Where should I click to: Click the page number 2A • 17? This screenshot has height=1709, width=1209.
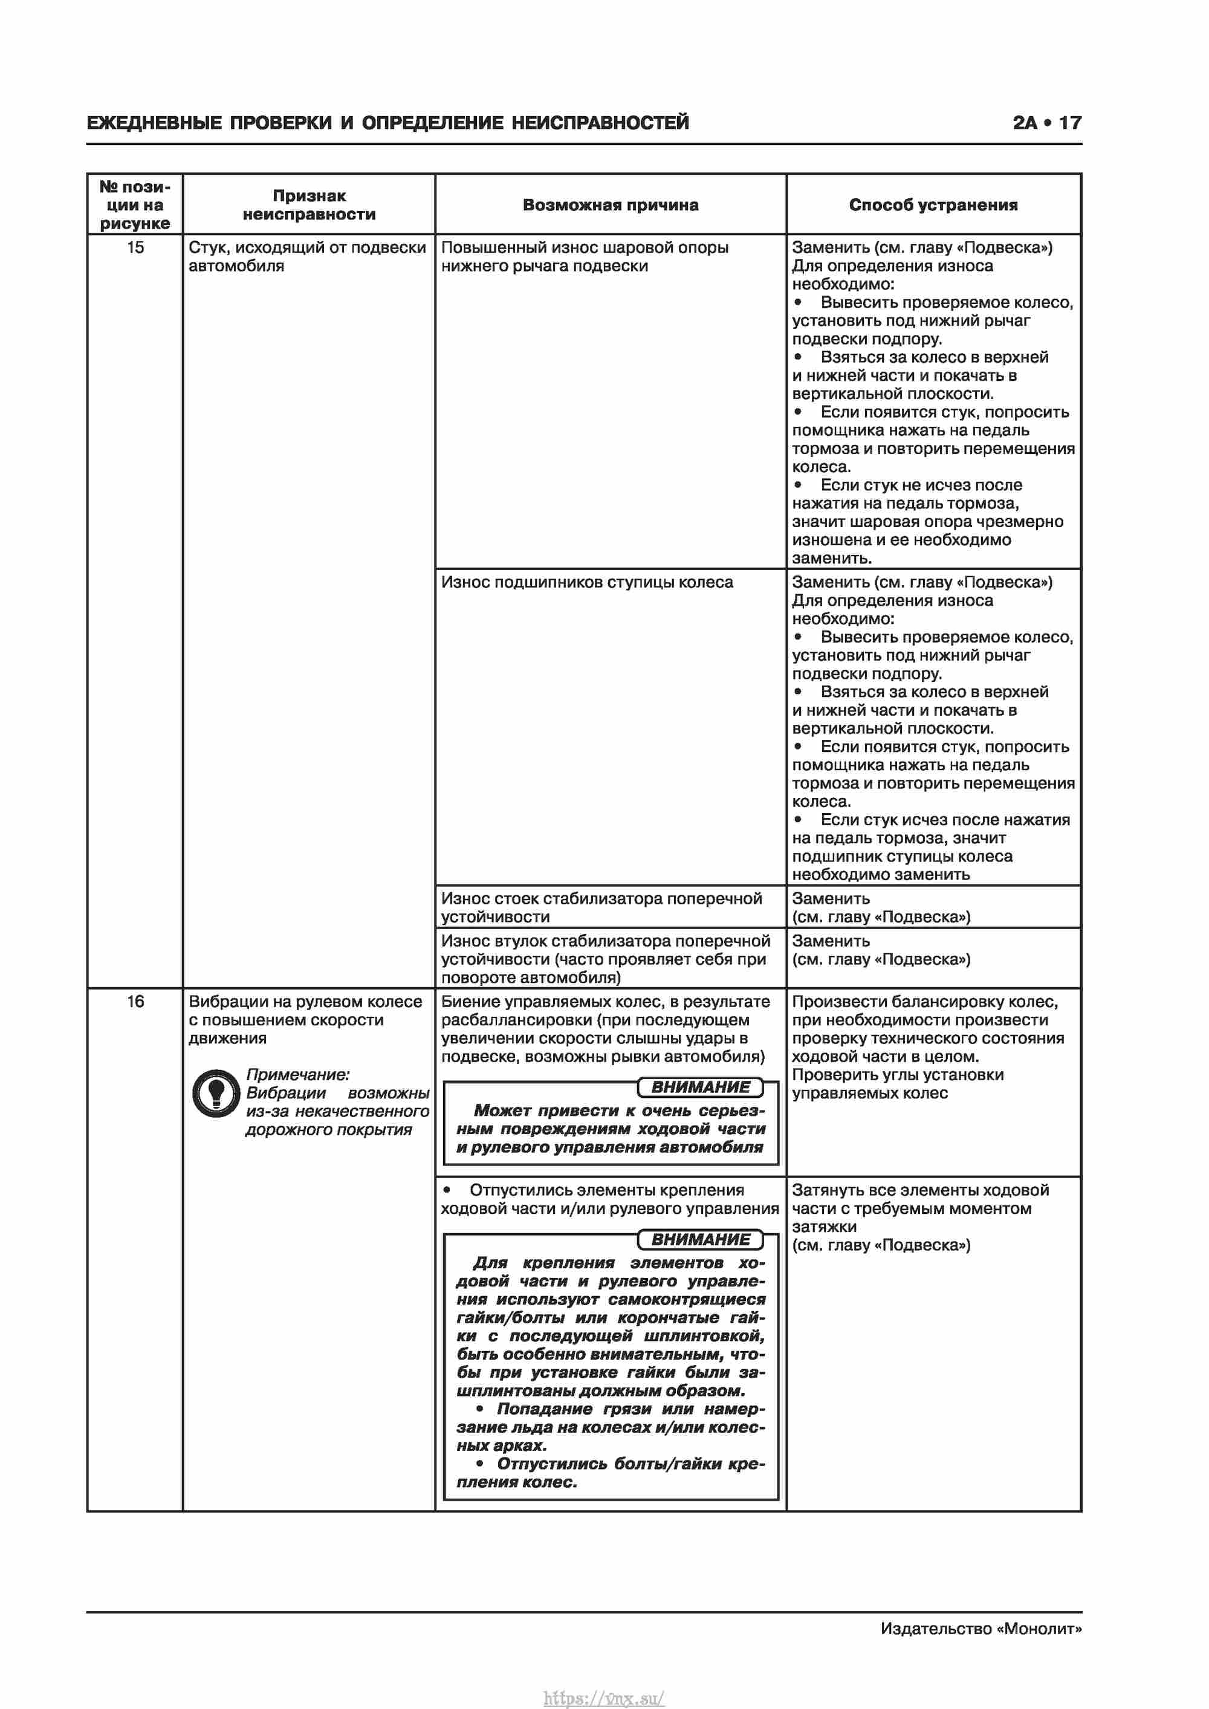[1047, 123]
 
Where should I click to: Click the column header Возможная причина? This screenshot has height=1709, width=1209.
[610, 205]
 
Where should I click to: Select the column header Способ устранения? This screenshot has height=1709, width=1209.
[933, 205]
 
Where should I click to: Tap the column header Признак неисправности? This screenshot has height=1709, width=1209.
[309, 205]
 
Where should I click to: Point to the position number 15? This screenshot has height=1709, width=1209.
[135, 248]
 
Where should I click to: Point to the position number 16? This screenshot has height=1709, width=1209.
[135, 1002]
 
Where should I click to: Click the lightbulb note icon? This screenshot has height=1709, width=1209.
[216, 1094]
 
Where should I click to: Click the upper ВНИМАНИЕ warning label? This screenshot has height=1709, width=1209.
[701, 1088]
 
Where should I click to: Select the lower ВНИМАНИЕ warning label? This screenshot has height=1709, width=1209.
[701, 1239]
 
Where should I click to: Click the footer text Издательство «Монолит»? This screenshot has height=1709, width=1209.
[980, 1629]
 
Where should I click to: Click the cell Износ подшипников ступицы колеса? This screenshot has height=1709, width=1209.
[586, 583]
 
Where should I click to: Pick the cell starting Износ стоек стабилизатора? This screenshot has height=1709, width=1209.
[601, 907]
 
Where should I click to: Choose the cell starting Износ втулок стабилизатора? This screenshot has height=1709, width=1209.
[604, 959]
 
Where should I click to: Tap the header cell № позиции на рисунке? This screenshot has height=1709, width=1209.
[135, 205]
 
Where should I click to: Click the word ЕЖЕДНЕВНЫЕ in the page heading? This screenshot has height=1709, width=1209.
[154, 123]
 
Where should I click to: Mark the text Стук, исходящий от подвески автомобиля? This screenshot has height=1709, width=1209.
[306, 257]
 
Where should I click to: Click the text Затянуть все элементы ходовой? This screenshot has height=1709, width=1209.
[920, 1190]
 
